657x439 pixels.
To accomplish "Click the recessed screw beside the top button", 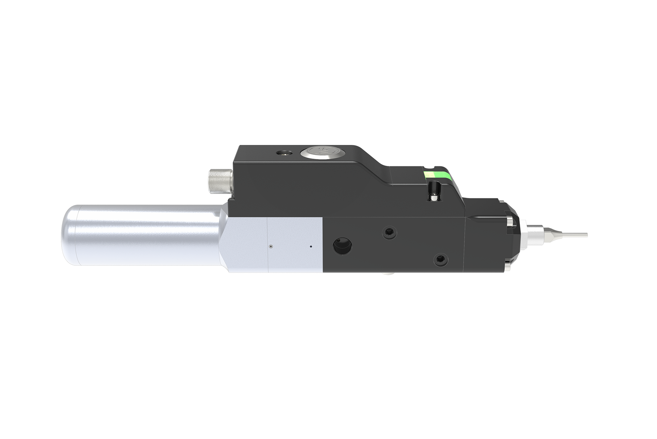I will (284, 153).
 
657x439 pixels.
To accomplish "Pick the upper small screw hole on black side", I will (388, 233).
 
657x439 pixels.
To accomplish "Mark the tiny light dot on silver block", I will (271, 246).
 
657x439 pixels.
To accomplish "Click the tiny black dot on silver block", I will (311, 246).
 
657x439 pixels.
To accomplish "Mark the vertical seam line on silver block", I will (267, 245).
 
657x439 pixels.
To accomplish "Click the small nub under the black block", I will (386, 274).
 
